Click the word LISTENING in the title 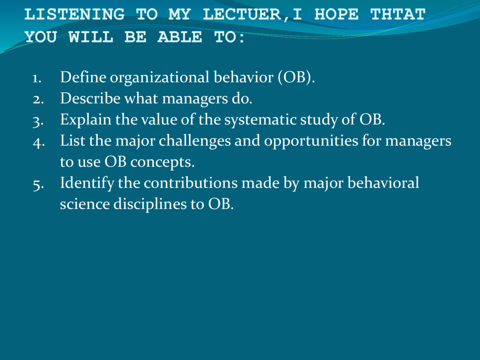pos(75,15)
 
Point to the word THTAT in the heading pos(398,15)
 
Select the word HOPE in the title pos(337,15)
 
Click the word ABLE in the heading pos(180,37)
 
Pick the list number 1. pos(37,78)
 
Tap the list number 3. pos(38,121)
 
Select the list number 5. pos(38,185)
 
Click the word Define pos(83,77)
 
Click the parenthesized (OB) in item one pos(296,77)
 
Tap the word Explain pos(86,120)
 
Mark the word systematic pos(260,120)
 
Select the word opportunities pos(311,141)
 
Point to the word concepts pos(163,162)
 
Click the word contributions pos(191,183)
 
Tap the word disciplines pos(150,204)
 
